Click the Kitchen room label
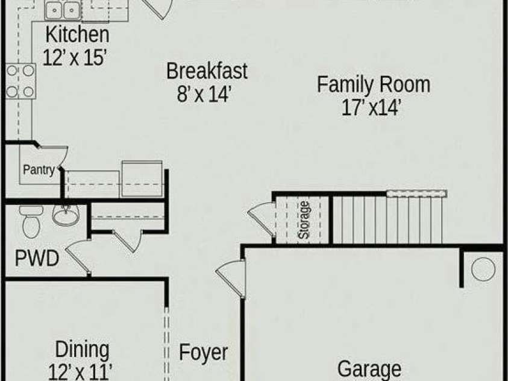(77, 34)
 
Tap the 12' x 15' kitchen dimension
(75, 58)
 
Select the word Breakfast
(207, 71)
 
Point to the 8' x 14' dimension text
(204, 94)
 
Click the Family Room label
(374, 84)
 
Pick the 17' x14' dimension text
(372, 107)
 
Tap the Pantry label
(39, 170)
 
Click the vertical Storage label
(304, 220)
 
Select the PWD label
(37, 258)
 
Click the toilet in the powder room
(31, 222)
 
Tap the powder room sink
(66, 215)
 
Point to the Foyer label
(204, 353)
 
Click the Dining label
(82, 350)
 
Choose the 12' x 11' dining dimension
(80, 372)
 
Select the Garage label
(369, 370)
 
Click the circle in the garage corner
(483, 269)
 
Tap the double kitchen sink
(63, 11)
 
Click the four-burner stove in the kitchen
(20, 81)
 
